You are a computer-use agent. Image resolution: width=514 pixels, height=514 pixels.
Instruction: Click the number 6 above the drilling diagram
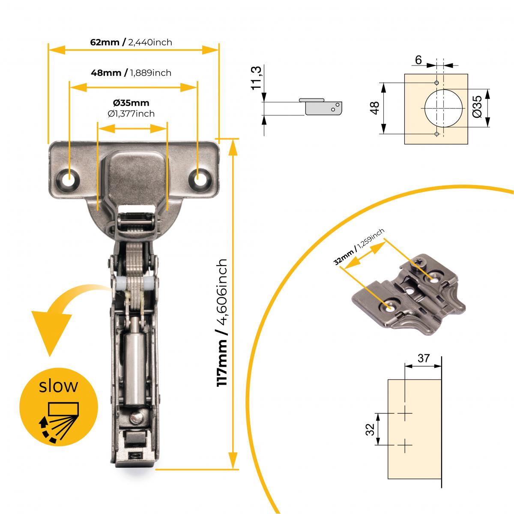pos(418,60)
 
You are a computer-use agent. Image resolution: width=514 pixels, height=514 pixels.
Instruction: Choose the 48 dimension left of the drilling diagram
pos(375,108)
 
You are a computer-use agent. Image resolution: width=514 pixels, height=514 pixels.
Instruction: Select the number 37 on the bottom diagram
pos(423,358)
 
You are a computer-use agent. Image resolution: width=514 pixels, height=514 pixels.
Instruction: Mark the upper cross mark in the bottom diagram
pos(404,413)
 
